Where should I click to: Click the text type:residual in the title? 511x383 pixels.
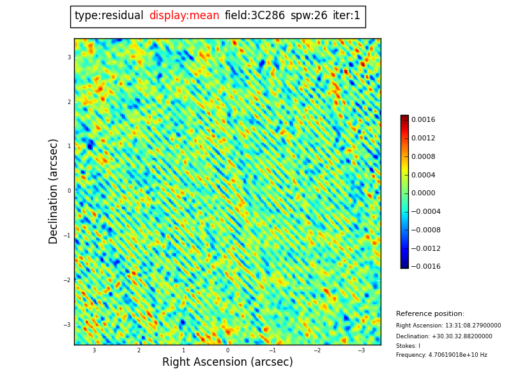click(109, 16)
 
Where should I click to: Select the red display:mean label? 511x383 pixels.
click(184, 16)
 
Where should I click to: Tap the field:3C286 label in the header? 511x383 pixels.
click(255, 16)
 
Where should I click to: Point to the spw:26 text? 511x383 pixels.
click(309, 16)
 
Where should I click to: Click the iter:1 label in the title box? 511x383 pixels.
click(346, 16)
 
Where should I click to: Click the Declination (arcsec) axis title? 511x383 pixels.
click(54, 191)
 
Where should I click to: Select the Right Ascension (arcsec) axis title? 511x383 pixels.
click(227, 363)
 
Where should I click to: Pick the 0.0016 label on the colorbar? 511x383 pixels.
click(423, 119)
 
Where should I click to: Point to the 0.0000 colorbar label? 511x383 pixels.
click(423, 193)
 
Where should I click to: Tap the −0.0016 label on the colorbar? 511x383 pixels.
click(425, 267)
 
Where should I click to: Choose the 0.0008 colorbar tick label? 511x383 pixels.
click(423, 156)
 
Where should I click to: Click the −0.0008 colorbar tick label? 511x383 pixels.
click(425, 230)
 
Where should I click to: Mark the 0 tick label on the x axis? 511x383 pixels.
click(227, 350)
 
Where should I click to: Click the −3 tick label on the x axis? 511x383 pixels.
click(361, 350)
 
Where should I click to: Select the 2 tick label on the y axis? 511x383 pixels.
click(69, 102)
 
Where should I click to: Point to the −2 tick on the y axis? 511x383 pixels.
click(67, 280)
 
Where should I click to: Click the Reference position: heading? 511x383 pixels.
click(430, 314)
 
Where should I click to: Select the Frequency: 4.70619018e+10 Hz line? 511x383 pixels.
click(441, 355)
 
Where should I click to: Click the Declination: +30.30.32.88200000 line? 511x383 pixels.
click(444, 336)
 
